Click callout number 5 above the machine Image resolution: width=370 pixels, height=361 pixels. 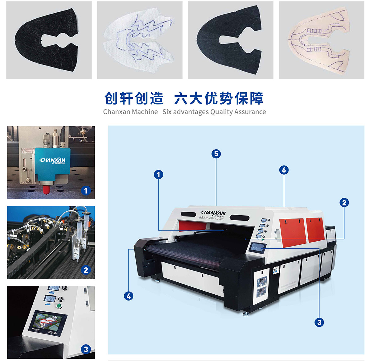[216, 154]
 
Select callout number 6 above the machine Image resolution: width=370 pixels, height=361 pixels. [284, 170]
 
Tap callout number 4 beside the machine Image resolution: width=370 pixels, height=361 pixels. [129, 296]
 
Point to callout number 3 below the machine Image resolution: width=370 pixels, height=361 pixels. [319, 322]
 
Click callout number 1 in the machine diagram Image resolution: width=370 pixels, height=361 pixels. [158, 175]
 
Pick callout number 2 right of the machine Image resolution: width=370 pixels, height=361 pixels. [344, 203]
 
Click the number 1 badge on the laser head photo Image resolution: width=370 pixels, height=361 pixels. [86, 191]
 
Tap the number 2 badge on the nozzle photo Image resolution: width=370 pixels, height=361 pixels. [86, 270]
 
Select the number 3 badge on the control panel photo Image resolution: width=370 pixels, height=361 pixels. [86, 349]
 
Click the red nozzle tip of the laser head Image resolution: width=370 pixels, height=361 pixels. [46, 189]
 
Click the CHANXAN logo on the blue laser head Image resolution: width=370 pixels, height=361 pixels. [53, 160]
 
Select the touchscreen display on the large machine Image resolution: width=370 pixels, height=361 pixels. [258, 247]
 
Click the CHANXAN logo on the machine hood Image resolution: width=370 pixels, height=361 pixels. [213, 213]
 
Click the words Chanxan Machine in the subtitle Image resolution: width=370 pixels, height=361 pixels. [130, 112]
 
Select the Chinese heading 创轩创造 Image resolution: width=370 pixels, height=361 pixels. [134, 98]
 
